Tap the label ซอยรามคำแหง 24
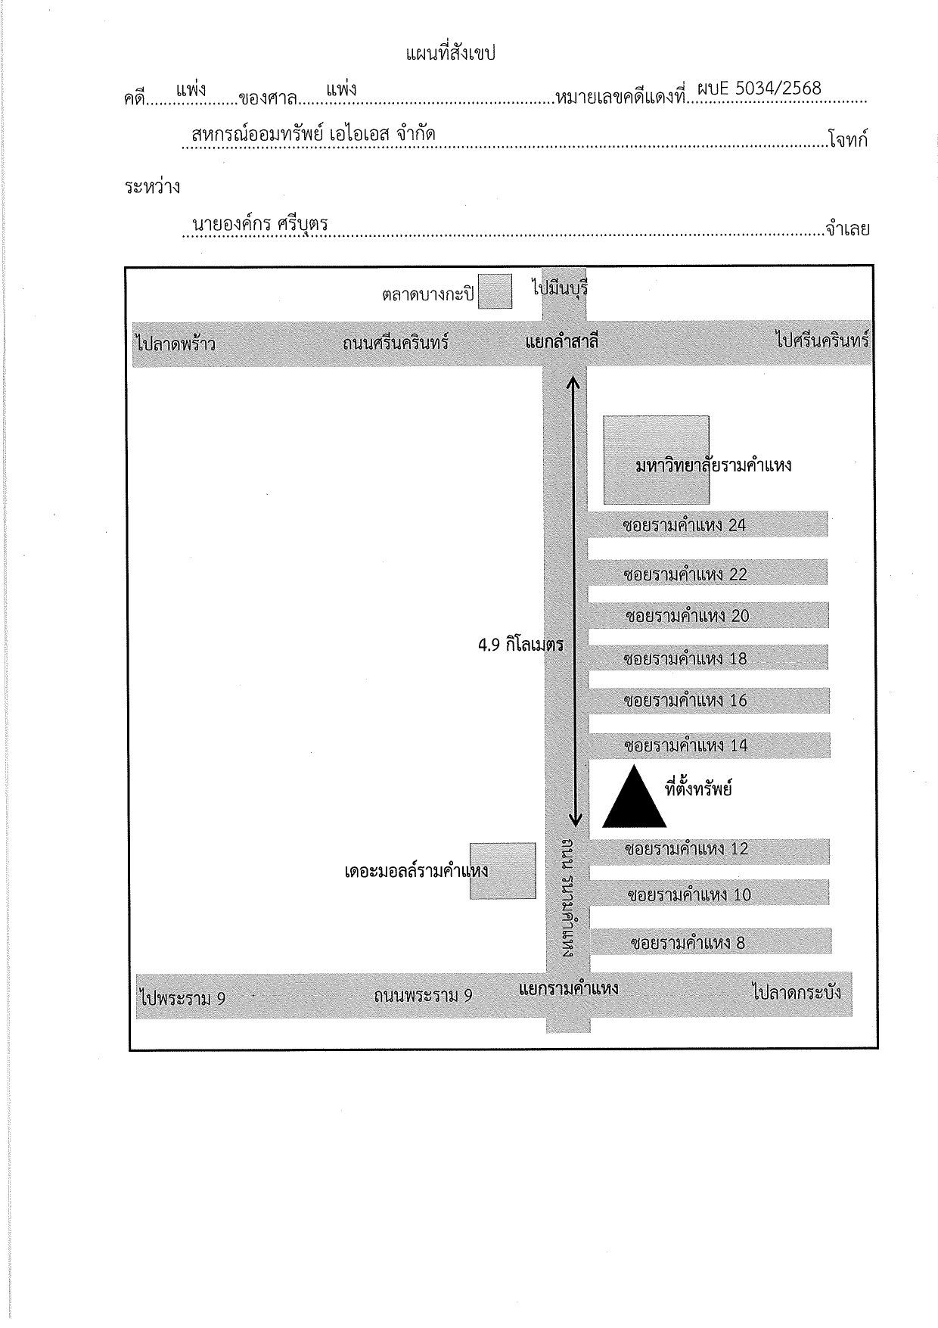coord(685,525)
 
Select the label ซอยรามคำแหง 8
coord(688,943)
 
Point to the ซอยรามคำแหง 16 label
coord(685,701)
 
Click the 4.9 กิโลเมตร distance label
coord(521,645)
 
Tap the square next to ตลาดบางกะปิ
coord(495,291)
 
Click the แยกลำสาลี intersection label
coord(562,342)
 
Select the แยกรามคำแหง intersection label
coord(569,988)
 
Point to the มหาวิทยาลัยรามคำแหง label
coord(714,464)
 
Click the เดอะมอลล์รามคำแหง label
coord(416,870)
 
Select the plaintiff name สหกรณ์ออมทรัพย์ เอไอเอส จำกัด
coord(314,135)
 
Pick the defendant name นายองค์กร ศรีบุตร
coord(259,224)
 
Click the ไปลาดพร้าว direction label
coord(176,344)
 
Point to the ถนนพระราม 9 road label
coord(423,995)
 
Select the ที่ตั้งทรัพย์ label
coord(698,789)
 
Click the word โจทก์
coord(848,139)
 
